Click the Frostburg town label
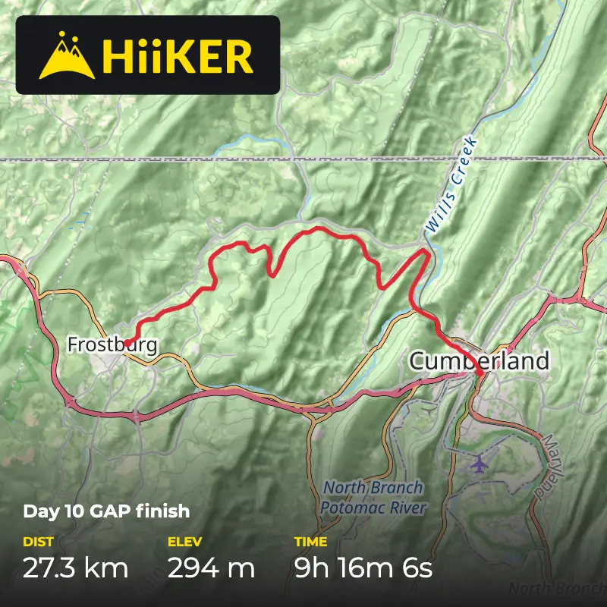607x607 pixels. click(112, 345)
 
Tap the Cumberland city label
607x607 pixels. click(479, 361)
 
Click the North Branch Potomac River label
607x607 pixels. click(373, 498)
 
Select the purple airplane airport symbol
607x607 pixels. click(479, 462)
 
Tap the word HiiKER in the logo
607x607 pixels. click(178, 56)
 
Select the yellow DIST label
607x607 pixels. click(38, 542)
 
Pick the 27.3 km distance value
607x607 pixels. click(75, 568)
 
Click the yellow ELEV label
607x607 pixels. click(184, 542)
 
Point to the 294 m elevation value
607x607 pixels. click(211, 568)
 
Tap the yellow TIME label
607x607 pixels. click(310, 542)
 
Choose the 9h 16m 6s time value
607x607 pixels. click(363, 568)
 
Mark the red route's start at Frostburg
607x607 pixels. click(127, 342)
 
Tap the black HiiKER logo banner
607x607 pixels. click(148, 55)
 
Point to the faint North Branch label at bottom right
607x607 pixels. click(557, 589)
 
